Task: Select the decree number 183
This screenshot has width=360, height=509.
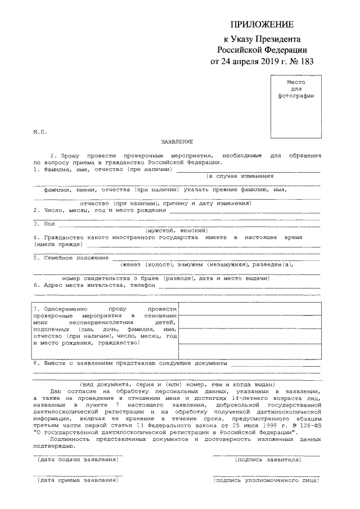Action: tap(303, 61)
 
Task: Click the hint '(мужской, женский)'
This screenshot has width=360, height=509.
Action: tap(177, 231)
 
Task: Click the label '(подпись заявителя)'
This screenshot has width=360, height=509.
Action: tap(268, 460)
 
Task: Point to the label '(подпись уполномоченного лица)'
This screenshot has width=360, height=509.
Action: tap(268, 480)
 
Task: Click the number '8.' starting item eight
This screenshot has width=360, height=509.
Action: tap(36, 363)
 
